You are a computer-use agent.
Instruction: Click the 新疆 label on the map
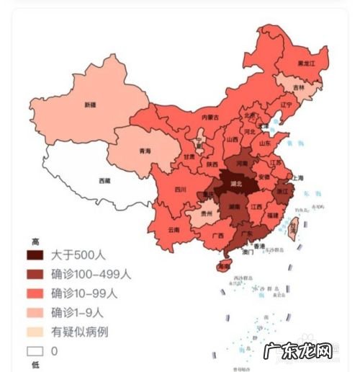(89, 105)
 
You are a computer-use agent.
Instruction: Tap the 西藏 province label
(105, 180)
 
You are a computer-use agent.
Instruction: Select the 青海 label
(145, 151)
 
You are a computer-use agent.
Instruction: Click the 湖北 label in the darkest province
(235, 184)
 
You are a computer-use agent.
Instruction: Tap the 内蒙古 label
(210, 117)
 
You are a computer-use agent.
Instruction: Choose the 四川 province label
(180, 190)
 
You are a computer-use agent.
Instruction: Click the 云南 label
(174, 229)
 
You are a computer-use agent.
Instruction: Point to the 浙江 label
(282, 192)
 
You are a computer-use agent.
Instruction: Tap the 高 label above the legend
(34, 241)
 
